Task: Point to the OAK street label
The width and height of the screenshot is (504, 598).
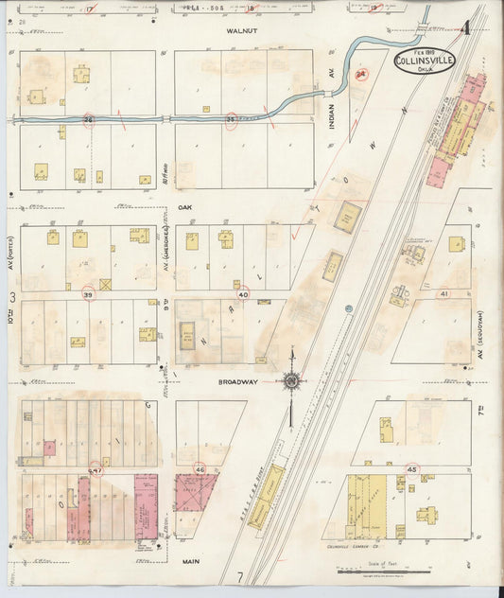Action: point(183,206)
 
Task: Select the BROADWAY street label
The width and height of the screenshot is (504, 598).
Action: point(237,382)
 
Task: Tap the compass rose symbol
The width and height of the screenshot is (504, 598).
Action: point(292,381)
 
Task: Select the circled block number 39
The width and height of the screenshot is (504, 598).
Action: point(88,295)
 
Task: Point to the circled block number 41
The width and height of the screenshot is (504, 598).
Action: point(443,295)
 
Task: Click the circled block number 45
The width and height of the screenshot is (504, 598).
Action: point(411,469)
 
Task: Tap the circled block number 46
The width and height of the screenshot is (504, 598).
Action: point(200,469)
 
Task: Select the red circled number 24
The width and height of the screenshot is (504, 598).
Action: point(359,74)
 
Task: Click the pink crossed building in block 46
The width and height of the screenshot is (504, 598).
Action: point(195,493)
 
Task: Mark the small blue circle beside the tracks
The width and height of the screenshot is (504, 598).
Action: point(349,308)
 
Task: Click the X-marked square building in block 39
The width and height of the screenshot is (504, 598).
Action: point(105,283)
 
